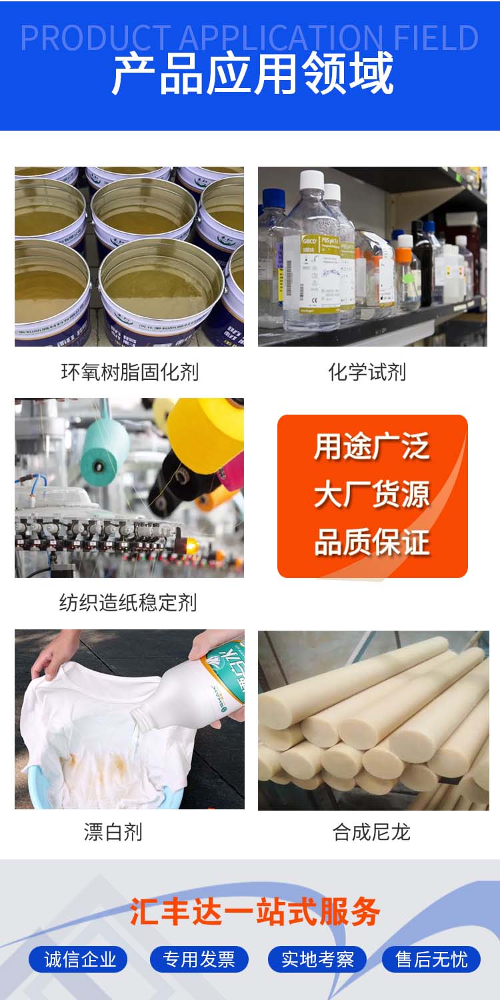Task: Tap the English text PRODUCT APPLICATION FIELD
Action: [x=249, y=38]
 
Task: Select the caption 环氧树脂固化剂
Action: [x=129, y=372]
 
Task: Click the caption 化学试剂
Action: [x=367, y=372]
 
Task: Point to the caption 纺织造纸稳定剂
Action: [x=128, y=603]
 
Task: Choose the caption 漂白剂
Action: [x=113, y=832]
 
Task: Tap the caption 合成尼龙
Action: [x=371, y=832]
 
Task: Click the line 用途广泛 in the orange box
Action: [x=372, y=447]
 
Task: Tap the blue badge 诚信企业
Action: [x=80, y=959]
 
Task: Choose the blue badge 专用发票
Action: [x=199, y=959]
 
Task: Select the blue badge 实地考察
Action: [x=317, y=959]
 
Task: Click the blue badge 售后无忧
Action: [x=431, y=959]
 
